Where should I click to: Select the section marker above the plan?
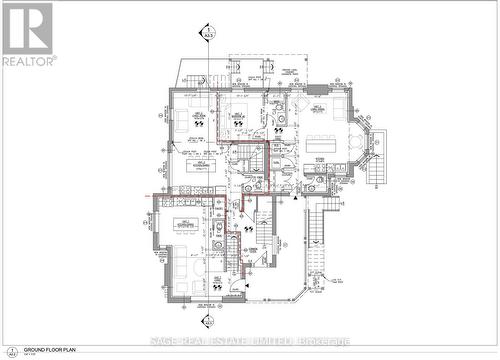click(x=208, y=37)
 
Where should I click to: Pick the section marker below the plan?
click(x=208, y=322)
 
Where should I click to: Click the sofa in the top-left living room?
click(x=175, y=118)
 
